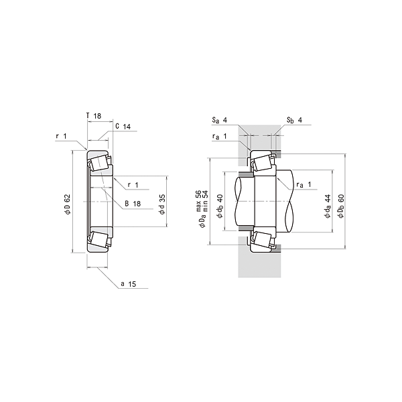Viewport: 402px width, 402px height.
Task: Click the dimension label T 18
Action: (x=94, y=116)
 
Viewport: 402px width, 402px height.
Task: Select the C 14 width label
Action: (x=123, y=127)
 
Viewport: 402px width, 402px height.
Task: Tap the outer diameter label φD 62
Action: (x=67, y=204)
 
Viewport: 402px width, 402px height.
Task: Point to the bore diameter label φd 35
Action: (x=162, y=204)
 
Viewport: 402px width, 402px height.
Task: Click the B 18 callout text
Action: (x=133, y=204)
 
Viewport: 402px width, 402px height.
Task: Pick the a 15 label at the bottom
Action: (x=129, y=284)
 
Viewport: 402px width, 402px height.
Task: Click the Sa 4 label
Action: (x=220, y=120)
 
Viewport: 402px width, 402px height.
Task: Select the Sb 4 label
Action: (x=294, y=120)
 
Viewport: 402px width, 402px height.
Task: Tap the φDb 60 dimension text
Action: (x=341, y=206)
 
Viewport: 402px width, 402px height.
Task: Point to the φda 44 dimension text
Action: (x=328, y=206)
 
